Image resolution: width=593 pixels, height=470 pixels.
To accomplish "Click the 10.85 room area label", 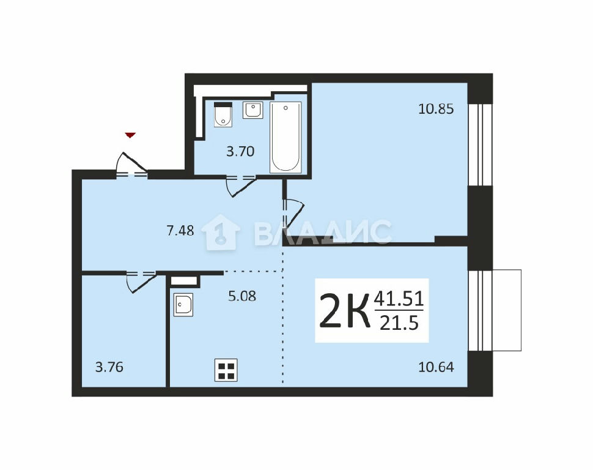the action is [436, 109].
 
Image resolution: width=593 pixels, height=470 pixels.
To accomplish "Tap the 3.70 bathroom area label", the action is [240, 152].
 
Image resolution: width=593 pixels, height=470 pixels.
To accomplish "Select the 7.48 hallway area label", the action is [180, 230].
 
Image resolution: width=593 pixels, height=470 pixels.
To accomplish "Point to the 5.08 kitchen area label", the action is [242, 296].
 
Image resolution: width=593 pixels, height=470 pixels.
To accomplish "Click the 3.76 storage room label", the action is [109, 367].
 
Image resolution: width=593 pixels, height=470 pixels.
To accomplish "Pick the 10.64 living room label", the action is [436, 367].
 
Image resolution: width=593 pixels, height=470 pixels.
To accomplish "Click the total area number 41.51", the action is [399, 299].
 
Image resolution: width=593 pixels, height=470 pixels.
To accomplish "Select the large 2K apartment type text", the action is [345, 311].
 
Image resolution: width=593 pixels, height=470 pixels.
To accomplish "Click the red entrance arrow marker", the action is [130, 135].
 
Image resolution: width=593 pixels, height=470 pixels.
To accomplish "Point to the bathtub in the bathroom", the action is [285, 137].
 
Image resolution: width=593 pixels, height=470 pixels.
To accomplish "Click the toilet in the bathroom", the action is [223, 114].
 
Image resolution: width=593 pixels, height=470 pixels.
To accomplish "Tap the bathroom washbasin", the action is [252, 110].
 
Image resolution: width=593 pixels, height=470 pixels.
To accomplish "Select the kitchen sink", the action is [183, 305].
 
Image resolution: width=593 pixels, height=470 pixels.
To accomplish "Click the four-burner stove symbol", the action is [226, 370].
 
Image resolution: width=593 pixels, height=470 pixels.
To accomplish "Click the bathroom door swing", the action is [240, 185].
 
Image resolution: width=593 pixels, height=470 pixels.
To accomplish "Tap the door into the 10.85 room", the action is [294, 213].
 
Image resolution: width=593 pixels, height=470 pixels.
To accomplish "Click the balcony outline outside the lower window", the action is [507, 310].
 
